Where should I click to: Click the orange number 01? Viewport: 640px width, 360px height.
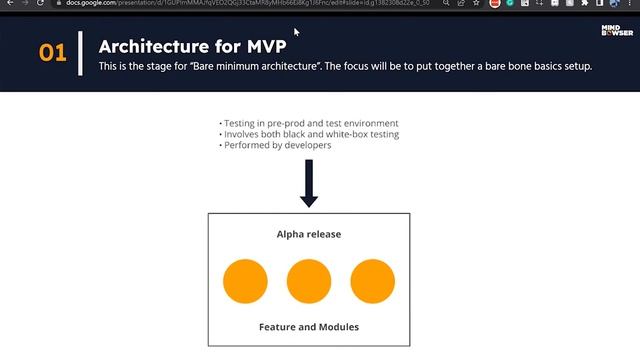click(52, 52)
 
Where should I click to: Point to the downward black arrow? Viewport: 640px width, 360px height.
click(309, 183)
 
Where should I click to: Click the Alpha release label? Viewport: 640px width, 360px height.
click(309, 234)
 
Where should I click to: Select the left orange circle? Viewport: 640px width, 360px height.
click(245, 280)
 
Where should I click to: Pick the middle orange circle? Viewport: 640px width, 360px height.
click(309, 280)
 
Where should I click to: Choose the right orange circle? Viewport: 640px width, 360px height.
click(372, 280)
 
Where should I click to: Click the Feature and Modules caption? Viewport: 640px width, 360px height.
click(309, 327)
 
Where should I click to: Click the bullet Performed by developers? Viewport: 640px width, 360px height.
click(276, 145)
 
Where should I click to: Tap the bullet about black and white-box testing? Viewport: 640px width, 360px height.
click(310, 134)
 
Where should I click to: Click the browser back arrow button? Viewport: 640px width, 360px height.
click(8, 4)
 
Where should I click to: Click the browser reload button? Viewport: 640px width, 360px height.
click(41, 4)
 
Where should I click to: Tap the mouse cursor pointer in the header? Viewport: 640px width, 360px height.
click(296, 32)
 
